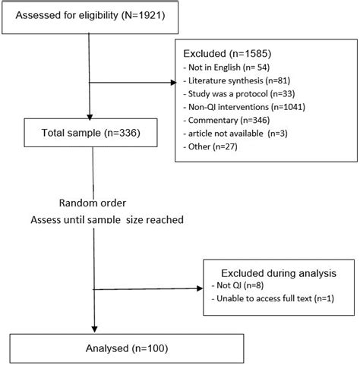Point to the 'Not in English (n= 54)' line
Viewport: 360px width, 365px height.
(225, 68)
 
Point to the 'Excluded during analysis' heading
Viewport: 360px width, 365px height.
(278, 272)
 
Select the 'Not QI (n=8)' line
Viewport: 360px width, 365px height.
(235, 285)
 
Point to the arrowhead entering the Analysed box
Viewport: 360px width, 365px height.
(92, 328)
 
